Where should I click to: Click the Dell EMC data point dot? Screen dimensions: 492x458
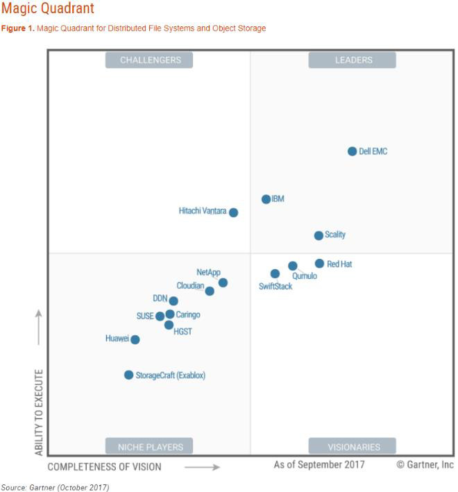[352, 151]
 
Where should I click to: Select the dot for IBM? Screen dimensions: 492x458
[266, 199]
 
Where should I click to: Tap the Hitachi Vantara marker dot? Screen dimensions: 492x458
[234, 212]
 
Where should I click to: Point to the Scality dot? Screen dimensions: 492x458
[319, 235]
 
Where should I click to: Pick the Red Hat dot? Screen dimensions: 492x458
[319, 264]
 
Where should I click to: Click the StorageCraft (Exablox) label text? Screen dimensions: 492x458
[171, 375]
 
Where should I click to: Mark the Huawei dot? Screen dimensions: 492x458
[135, 339]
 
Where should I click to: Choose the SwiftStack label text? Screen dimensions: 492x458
[275, 286]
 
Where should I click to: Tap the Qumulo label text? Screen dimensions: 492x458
[305, 276]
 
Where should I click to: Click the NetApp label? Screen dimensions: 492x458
[208, 272]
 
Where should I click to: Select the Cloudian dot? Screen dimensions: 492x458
[210, 291]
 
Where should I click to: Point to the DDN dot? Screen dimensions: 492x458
[173, 301]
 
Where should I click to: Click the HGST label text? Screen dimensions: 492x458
[183, 332]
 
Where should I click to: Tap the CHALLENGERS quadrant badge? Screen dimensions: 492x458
[149, 60]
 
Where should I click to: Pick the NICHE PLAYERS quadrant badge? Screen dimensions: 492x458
[149, 446]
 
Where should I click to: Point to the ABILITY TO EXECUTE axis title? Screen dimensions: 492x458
[39, 412]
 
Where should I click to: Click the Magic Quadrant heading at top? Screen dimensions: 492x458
[47, 9]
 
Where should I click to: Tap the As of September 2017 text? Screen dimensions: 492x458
[319, 464]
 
